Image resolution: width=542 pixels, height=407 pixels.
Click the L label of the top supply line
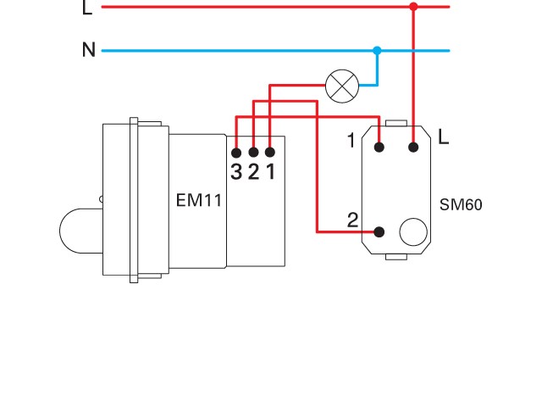coord(87,8)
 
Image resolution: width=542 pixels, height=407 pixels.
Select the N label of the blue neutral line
coord(88,50)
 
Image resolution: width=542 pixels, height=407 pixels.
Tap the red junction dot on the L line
coord(413,7)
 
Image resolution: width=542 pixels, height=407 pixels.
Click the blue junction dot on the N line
coord(378,51)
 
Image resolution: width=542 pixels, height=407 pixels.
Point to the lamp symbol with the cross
coord(341,85)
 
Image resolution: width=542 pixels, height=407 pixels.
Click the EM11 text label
coord(198,201)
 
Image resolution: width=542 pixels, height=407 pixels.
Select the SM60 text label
coord(461,205)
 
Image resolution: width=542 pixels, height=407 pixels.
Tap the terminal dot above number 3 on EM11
coord(236,152)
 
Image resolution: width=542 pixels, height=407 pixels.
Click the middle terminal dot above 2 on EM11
coord(253,152)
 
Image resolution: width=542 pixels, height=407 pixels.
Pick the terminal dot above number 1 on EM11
coord(269,152)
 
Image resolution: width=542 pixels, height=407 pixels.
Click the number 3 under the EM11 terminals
coord(236,172)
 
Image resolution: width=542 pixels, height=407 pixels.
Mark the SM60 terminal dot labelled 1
coord(379,148)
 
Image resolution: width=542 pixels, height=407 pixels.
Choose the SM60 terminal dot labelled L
coord(413,148)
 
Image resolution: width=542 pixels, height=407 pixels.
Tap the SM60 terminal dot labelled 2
coord(379,231)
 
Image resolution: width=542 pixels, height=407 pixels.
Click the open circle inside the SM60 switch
coord(412,231)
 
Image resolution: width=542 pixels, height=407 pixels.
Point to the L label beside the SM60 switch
coord(444,136)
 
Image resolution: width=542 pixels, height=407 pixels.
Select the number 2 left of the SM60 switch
coord(353,221)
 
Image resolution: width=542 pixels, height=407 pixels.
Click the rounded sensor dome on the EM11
coord(78,230)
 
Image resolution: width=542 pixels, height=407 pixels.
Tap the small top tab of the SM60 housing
coord(396,123)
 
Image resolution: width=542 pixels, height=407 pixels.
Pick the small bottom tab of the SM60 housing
coord(396,255)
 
